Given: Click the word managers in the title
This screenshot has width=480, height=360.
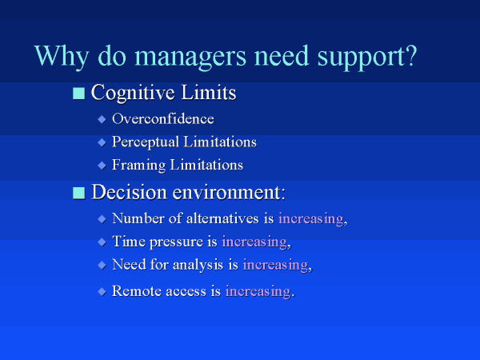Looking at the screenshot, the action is (x=190, y=56).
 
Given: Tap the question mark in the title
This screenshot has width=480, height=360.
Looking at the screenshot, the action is (x=411, y=55).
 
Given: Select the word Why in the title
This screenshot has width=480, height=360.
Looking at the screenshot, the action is (x=62, y=56).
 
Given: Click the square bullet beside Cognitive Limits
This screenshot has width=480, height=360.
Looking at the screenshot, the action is (x=79, y=94).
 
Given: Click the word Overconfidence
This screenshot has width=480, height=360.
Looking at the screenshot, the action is (x=163, y=119).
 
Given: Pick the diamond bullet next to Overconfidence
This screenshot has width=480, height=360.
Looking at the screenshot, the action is (x=102, y=119).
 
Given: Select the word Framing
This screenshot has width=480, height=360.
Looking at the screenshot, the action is (x=138, y=166).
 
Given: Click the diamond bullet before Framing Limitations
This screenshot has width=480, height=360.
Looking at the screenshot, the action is (x=102, y=166).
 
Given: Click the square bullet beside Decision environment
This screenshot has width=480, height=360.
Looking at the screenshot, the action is (x=79, y=193).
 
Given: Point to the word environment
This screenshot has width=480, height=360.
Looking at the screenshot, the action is (x=229, y=193).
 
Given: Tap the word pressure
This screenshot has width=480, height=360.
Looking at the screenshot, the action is (x=177, y=242).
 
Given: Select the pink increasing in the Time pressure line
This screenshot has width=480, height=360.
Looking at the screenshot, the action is (x=254, y=242).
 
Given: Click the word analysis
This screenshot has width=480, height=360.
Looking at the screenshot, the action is (x=198, y=265).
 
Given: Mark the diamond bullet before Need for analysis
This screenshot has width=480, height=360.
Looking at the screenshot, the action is (x=102, y=265).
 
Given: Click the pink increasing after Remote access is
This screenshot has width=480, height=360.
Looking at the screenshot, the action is (x=258, y=292).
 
